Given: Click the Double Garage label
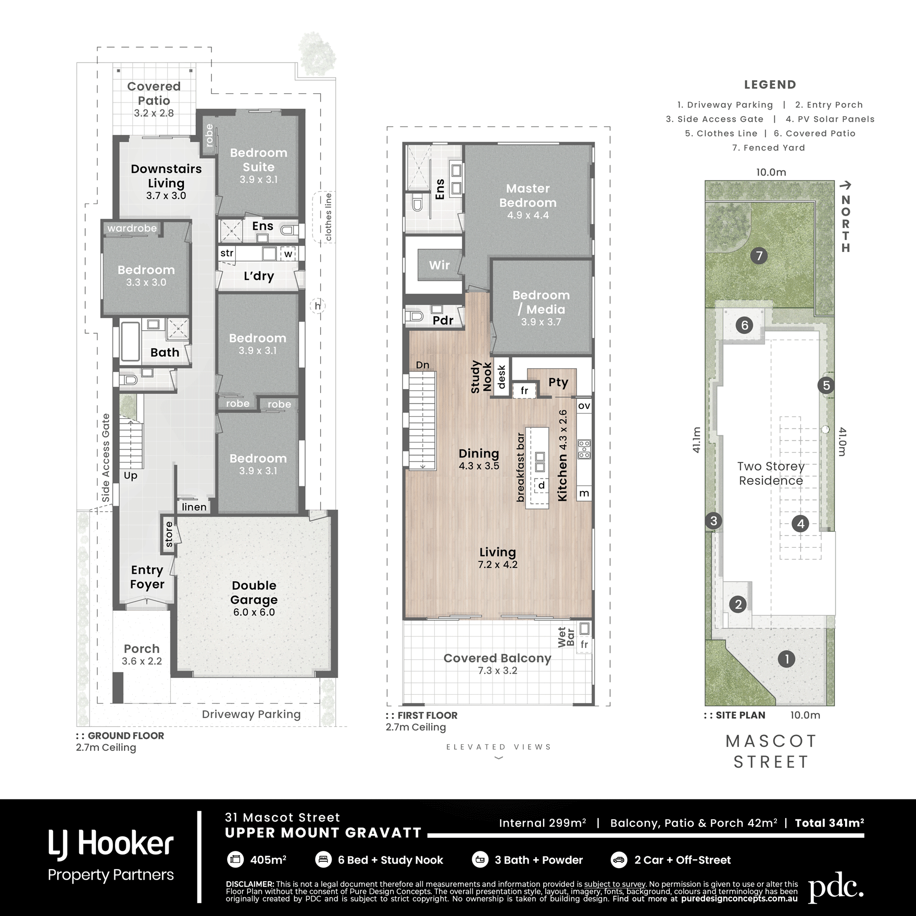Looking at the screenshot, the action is point(254,593).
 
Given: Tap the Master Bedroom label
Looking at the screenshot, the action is point(528,195).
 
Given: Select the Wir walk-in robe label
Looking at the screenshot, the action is point(439,265).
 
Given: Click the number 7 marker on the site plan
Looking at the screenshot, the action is point(759,256).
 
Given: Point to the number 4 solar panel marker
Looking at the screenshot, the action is point(800,524).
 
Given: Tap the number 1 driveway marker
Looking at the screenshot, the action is point(786,659).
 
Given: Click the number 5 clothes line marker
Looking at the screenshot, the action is point(826,385).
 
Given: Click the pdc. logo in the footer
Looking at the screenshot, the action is point(836,891).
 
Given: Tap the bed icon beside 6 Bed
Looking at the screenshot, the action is point(323,860).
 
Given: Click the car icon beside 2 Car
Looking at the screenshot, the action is point(619,860).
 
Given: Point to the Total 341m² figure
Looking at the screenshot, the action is point(830,823).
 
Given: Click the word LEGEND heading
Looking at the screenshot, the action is point(770,84).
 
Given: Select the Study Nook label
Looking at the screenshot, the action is point(481,377).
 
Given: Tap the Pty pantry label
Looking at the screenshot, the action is point(558,383).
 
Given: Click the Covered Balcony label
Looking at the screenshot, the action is point(497,658).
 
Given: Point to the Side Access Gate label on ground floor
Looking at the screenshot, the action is point(106,458).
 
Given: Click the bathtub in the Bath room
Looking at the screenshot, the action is point(130,342).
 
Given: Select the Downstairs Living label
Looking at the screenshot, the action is point(166,176).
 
